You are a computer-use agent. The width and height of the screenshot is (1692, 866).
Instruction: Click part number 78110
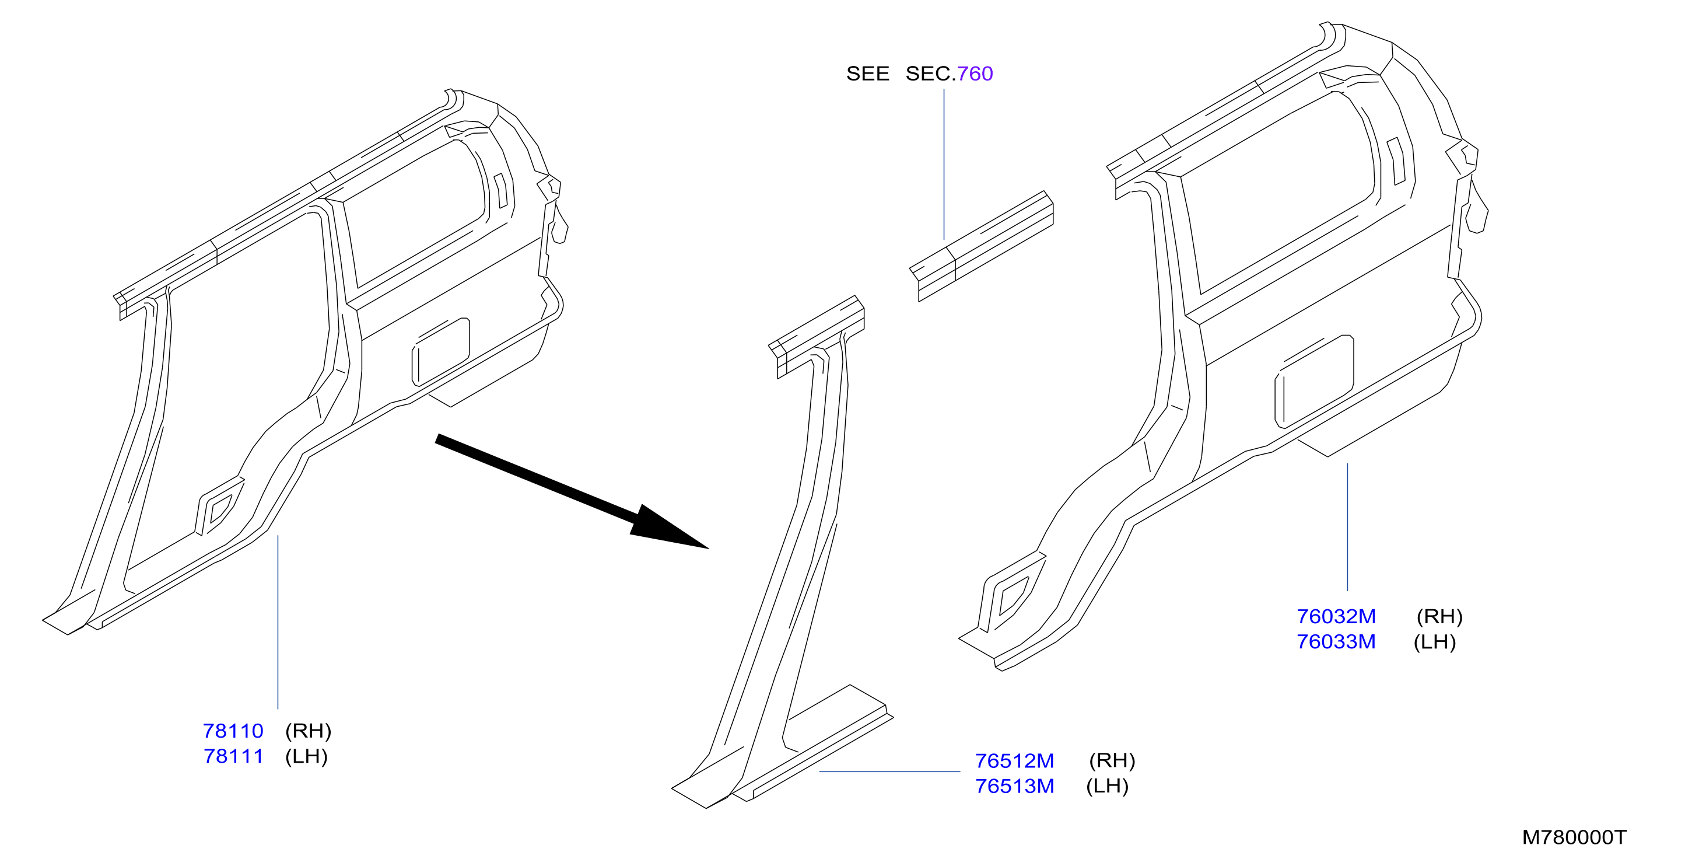(x=233, y=731)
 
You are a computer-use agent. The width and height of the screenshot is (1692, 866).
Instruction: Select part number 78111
(x=233, y=756)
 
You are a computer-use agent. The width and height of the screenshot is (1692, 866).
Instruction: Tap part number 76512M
(x=1014, y=760)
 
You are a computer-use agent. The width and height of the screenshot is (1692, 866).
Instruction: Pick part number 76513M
(x=1014, y=786)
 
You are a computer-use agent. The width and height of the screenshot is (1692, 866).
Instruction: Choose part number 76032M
(x=1336, y=616)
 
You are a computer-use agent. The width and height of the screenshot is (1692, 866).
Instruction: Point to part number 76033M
(x=1336, y=642)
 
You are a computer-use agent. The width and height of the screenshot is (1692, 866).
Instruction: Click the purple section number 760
(x=975, y=74)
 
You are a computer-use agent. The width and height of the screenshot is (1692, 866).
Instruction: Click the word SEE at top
(x=868, y=74)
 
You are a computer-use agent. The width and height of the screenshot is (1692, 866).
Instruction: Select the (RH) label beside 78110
(x=308, y=731)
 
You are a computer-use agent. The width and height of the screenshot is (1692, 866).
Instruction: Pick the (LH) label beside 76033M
(x=1435, y=642)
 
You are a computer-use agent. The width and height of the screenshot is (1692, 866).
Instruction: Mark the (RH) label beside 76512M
(x=1112, y=760)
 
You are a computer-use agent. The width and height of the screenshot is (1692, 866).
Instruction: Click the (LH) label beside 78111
(x=306, y=756)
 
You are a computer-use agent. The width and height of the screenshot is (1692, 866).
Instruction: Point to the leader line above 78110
(x=278, y=622)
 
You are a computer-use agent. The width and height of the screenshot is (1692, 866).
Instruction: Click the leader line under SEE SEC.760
(x=944, y=164)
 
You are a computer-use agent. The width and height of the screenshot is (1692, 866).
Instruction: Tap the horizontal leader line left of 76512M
(x=890, y=771)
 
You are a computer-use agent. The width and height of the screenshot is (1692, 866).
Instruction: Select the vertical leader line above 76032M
(x=1347, y=527)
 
